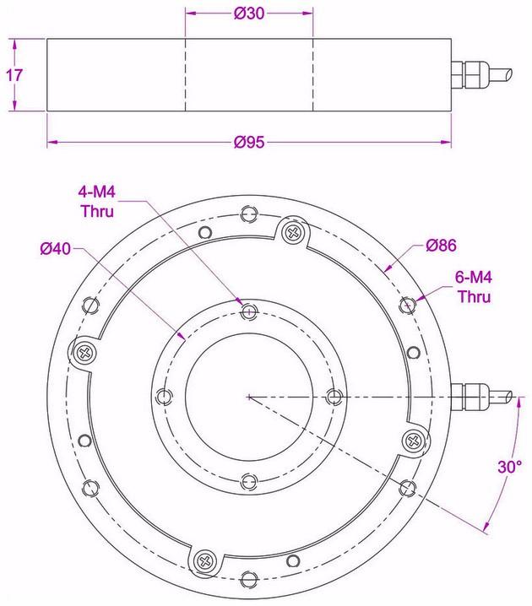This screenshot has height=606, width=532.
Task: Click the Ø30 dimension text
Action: pyautogui.click(x=249, y=14)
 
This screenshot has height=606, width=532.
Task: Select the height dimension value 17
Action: pyautogui.click(x=14, y=74)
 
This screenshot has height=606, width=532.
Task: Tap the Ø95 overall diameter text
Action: pyautogui.click(x=249, y=142)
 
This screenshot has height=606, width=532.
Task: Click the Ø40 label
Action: pyautogui.click(x=55, y=249)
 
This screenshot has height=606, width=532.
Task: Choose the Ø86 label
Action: pyautogui.click(x=441, y=246)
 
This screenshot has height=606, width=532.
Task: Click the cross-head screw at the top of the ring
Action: pyautogui.click(x=293, y=231)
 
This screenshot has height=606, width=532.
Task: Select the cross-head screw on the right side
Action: pyautogui.click(x=411, y=438)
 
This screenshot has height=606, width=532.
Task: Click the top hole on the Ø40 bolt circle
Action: pyautogui.click(x=247, y=312)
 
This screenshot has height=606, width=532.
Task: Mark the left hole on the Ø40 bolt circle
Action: pyautogui.click(x=164, y=396)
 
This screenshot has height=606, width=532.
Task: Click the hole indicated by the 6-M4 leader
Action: pyautogui.click(x=408, y=304)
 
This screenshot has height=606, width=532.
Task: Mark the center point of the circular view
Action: pyautogui.click(x=247, y=396)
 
